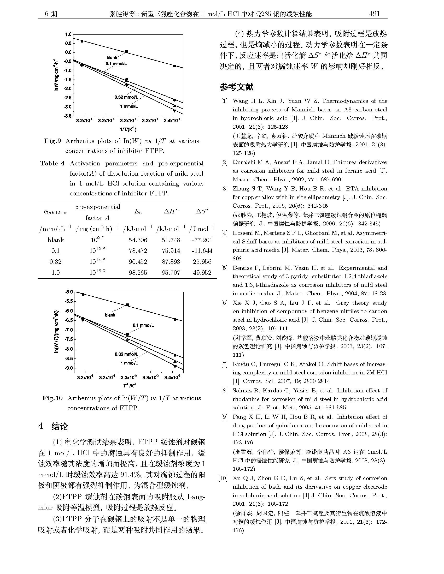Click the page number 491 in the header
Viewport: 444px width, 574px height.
[375, 14]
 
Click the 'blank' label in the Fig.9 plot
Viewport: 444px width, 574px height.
[112, 58]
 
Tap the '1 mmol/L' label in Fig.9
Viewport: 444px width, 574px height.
[129, 106]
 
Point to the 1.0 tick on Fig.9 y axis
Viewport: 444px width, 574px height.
[68, 34]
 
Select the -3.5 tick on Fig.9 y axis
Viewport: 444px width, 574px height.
[68, 116]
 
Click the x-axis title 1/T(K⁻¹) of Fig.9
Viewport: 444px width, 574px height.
[128, 129]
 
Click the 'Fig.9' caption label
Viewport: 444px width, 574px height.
[52, 141]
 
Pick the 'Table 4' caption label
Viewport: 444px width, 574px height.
[52, 164]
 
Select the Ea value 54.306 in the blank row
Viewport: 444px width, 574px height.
[138, 240]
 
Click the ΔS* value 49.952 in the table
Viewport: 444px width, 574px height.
[202, 273]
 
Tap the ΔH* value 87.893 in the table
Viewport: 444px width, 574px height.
[171, 262]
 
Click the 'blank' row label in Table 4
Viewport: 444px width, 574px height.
[56, 240]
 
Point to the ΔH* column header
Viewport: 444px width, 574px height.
[171, 211]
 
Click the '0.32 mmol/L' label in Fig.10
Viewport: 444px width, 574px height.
[126, 354]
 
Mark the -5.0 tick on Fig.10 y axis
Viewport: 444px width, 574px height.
[69, 292]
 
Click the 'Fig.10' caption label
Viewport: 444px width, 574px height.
[52, 398]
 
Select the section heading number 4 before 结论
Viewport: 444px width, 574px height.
[41, 426]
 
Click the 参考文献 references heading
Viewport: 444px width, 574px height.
[236, 87]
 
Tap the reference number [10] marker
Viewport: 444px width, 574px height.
[223, 478]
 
